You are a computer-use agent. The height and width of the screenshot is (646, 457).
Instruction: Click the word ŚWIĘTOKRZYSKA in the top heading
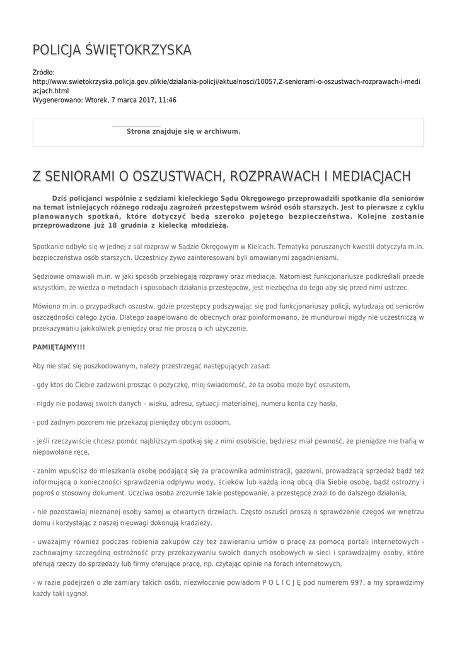(137, 50)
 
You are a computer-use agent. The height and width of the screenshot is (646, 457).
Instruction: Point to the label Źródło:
(43, 73)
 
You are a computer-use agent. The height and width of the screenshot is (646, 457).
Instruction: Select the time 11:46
(166, 100)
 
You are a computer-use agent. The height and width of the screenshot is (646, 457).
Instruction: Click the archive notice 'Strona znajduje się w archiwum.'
(183, 131)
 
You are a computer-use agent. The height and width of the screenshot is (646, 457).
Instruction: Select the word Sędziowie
(49, 276)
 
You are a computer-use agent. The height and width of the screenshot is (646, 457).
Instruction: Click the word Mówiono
(47, 306)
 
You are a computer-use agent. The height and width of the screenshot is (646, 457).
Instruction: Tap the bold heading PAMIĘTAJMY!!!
(59, 347)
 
